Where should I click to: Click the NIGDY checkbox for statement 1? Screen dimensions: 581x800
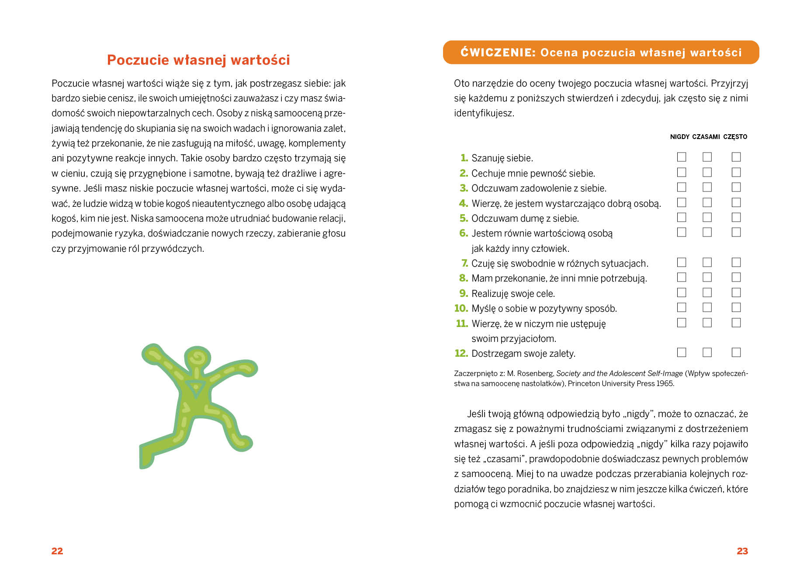click(681, 157)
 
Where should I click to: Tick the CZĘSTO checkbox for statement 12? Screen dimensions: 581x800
click(736, 352)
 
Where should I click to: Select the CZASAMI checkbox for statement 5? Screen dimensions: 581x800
click(707, 217)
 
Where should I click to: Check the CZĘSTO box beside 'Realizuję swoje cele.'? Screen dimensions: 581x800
click(736, 292)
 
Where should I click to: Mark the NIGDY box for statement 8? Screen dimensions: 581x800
click(681, 277)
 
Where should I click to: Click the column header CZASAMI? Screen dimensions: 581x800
click(706, 137)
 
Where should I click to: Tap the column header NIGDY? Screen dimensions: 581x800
click(679, 137)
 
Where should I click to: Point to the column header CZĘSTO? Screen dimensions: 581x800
click(735, 137)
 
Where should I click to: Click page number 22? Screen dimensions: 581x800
click(57, 551)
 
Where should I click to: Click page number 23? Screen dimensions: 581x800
click(742, 551)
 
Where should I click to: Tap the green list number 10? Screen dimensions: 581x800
click(461, 308)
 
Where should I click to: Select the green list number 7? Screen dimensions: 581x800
click(464, 263)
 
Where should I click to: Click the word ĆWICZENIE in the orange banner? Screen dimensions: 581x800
click(498, 52)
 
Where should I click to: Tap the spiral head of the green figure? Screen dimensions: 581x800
click(197, 358)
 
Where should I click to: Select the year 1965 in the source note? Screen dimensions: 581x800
click(665, 383)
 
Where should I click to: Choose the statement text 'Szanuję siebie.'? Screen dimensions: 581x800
click(502, 158)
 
